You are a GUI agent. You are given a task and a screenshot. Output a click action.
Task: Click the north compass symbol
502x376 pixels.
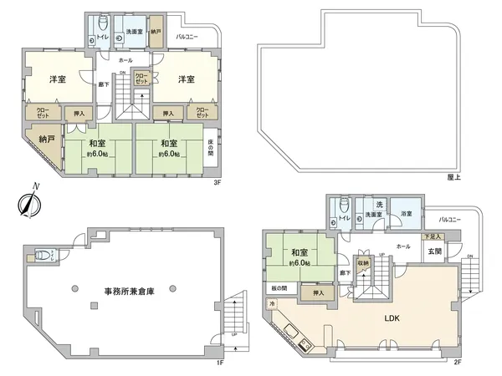point(31,201)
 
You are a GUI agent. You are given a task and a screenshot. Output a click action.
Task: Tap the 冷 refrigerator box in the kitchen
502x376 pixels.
point(272,304)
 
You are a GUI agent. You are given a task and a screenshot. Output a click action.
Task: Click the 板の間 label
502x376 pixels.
point(279,287)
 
